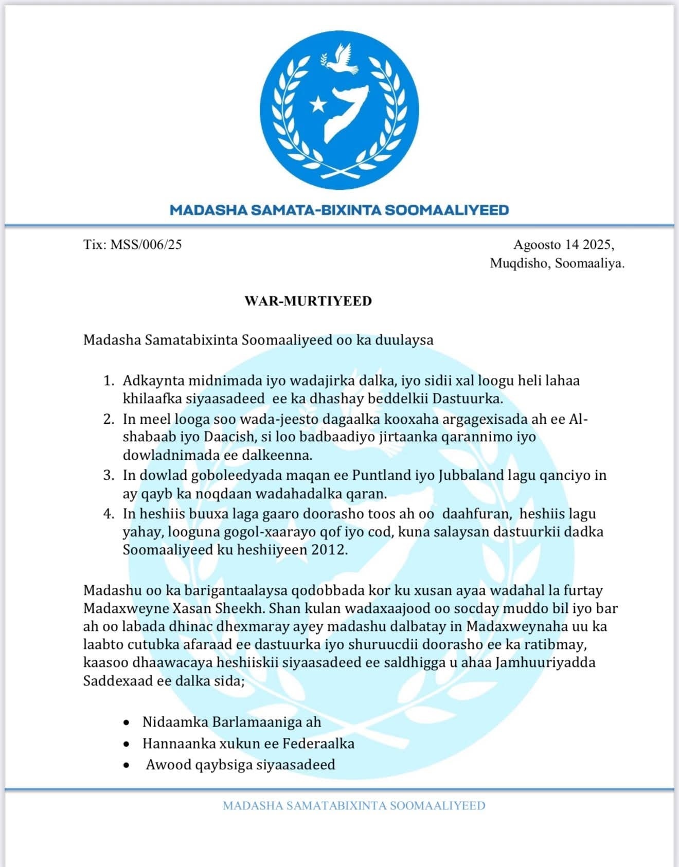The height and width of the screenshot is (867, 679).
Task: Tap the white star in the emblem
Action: coord(317,104)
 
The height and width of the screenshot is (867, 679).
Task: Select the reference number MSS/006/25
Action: coord(146,244)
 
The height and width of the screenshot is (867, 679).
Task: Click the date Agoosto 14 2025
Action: coord(563,244)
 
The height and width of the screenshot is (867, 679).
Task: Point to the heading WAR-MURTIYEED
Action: coord(308,301)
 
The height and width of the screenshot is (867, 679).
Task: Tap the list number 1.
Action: coord(108,381)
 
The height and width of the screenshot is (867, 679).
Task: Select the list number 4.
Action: coord(108,514)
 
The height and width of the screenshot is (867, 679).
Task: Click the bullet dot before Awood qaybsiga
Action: coord(127,766)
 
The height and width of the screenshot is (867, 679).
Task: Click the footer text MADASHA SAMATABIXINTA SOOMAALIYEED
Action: coord(354,805)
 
